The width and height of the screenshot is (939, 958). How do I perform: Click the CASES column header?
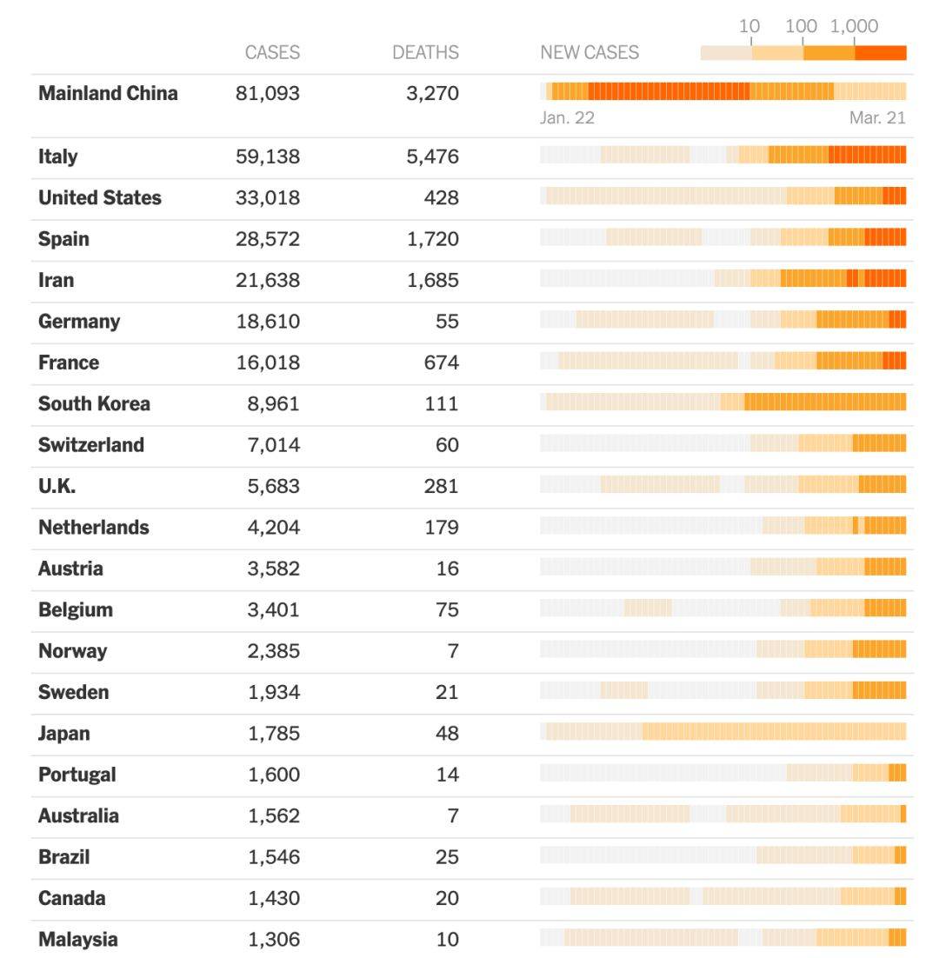click(x=272, y=52)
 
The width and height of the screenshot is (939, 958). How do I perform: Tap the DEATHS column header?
click(x=425, y=52)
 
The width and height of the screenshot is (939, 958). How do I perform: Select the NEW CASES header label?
click(x=589, y=52)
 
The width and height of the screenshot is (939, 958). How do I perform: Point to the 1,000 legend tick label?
click(x=854, y=26)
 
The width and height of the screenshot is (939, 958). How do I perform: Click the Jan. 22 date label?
click(x=567, y=117)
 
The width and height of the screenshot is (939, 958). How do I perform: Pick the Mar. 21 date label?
click(x=877, y=117)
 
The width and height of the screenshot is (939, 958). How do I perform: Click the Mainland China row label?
click(x=108, y=93)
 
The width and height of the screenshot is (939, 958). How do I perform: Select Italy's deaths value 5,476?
click(x=432, y=156)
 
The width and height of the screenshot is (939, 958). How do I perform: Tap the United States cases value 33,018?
click(x=268, y=198)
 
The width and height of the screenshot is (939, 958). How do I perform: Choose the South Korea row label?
click(x=94, y=403)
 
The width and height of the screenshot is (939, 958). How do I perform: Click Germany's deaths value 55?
click(x=447, y=322)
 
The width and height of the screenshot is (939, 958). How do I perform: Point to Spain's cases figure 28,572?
click(x=268, y=239)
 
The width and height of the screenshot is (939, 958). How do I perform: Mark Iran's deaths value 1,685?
click(x=432, y=280)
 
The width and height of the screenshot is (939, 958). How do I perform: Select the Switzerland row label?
click(x=91, y=445)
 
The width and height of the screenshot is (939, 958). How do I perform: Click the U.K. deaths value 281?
click(x=442, y=486)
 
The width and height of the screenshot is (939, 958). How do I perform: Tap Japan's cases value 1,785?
click(x=274, y=734)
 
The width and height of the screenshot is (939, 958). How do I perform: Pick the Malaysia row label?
click(x=77, y=939)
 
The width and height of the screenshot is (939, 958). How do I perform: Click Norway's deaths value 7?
click(x=452, y=651)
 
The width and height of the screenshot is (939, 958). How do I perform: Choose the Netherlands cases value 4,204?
click(x=274, y=528)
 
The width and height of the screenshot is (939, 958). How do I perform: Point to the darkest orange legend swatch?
click(x=880, y=53)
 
